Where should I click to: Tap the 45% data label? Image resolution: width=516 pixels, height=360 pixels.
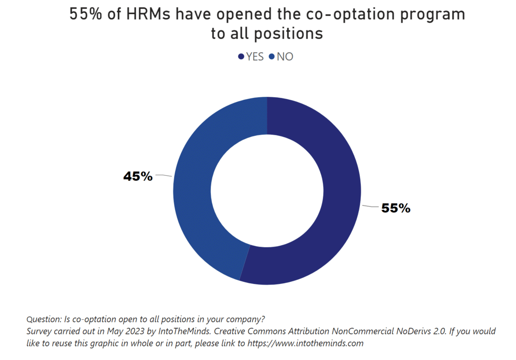pos(137,176)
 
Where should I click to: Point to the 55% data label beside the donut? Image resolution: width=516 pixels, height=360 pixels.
pos(395,208)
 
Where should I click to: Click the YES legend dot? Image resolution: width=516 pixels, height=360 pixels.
pos(241,56)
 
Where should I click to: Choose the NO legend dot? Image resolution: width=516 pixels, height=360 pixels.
pos(272,56)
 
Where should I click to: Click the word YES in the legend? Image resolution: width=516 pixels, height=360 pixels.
pos(255,56)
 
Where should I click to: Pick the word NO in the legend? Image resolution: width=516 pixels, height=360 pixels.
pos(285,56)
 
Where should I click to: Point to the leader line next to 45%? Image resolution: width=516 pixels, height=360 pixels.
pos(163,175)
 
